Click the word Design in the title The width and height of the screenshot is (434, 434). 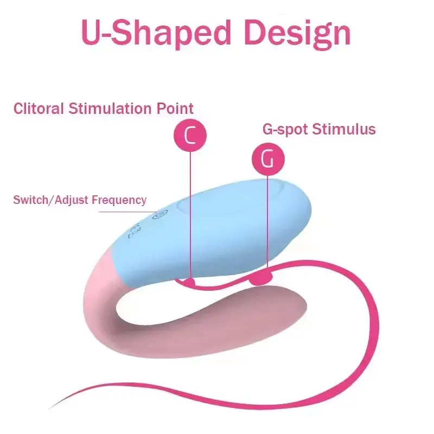coord(297,33)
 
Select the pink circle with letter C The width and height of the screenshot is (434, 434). coord(190,135)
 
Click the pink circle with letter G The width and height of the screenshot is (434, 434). coord(268,159)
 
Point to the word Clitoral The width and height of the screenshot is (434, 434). coord(39,108)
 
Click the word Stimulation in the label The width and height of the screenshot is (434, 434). coord(111,108)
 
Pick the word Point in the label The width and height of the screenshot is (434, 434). coord(175,108)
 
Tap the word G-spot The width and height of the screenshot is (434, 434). coord(285,130)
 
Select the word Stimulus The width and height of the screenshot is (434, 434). coord(344,129)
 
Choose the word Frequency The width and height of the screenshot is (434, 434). coord(119,200)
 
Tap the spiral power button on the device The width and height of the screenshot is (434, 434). coord(160,214)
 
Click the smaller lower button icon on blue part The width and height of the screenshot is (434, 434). coord(135,230)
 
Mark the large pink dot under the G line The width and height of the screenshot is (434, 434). coord(261,278)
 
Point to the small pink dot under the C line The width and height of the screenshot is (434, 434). coord(190,282)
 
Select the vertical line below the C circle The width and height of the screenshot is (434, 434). coord(190,215)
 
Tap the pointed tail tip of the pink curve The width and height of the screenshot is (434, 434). coord(49,409)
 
